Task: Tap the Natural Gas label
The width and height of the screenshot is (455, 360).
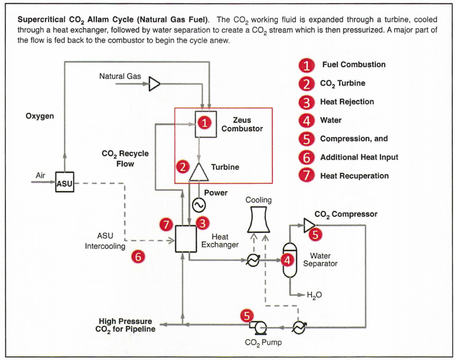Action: (x=120, y=77)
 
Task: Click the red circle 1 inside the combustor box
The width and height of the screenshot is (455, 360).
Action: (x=203, y=123)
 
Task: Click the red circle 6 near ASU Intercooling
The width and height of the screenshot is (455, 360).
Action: (x=138, y=257)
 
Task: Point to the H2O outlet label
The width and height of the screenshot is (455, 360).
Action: (x=314, y=295)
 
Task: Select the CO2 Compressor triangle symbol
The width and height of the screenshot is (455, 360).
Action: (x=309, y=225)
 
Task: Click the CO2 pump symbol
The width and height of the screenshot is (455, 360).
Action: (x=260, y=326)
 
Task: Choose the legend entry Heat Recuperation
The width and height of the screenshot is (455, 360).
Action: (x=354, y=176)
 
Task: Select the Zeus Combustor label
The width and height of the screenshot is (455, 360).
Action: (x=242, y=124)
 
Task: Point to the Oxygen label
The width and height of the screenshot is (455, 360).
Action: (x=40, y=116)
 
